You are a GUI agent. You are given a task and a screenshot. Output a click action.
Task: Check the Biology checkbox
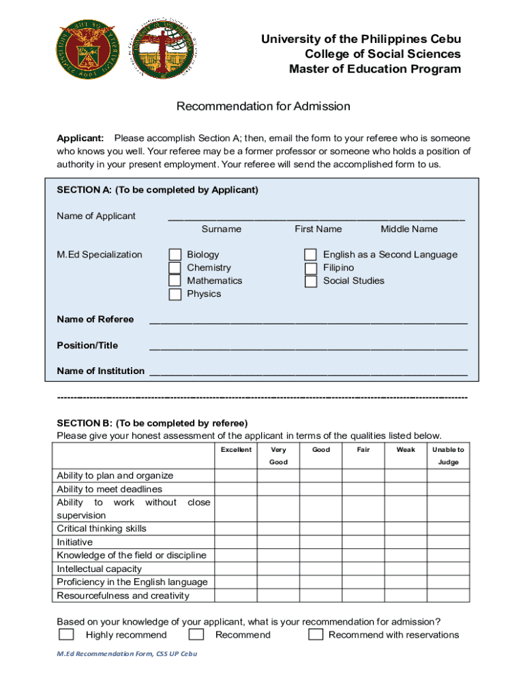(175, 255)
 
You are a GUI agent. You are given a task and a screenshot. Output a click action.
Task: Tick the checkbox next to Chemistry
(175, 268)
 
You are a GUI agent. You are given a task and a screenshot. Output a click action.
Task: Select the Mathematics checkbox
(175, 281)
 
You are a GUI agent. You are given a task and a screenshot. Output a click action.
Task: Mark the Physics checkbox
(175, 294)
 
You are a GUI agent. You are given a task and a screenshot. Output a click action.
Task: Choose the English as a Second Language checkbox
(311, 255)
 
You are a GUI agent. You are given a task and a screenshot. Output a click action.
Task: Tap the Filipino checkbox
(311, 268)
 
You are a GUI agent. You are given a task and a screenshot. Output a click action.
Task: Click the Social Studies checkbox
(311, 281)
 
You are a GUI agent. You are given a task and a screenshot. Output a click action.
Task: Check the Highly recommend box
(66, 635)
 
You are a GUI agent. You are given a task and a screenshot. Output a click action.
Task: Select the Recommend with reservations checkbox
(316, 635)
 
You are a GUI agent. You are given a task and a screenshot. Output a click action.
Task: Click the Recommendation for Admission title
(263, 106)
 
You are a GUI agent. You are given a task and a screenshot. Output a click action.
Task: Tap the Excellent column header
(236, 450)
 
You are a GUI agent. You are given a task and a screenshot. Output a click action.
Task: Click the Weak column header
(406, 450)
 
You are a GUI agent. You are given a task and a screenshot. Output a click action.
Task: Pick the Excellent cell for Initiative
(236, 542)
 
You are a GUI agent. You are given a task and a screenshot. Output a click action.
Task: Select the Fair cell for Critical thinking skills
(363, 528)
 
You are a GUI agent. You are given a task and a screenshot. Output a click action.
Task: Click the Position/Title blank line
(308, 345)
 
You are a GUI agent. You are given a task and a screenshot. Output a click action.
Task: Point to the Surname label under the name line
(221, 229)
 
